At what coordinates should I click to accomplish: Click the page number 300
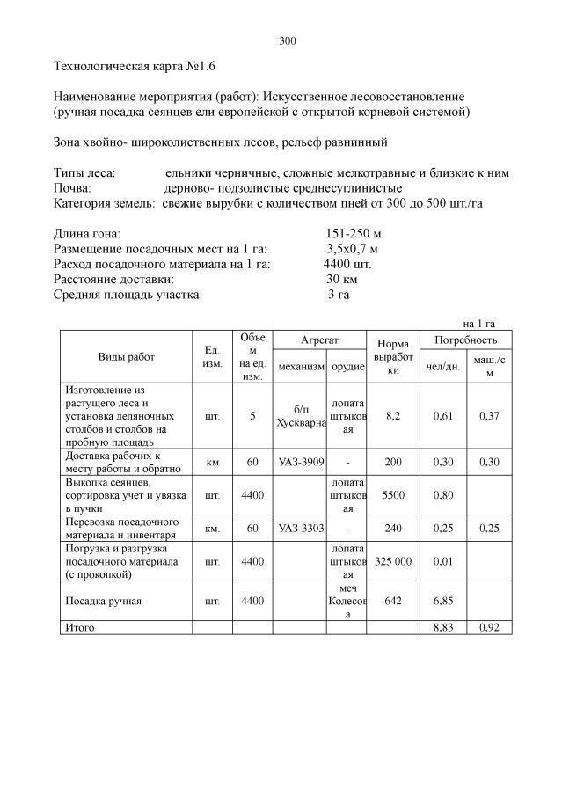pos(288,41)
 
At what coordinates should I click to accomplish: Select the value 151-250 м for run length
pos(353,234)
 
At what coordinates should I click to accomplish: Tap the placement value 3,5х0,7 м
pos(352,249)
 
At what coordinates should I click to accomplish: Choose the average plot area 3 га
pos(339,294)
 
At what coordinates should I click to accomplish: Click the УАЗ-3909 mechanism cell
pos(299,462)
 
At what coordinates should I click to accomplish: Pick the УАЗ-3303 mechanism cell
pos(299,529)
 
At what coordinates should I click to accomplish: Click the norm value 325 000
pos(393,561)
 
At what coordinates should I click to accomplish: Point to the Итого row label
pos(77,628)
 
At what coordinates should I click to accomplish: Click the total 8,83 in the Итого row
pos(443,628)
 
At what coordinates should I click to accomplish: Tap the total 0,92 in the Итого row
pos(489,628)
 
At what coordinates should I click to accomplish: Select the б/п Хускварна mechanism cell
pos(300,416)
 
